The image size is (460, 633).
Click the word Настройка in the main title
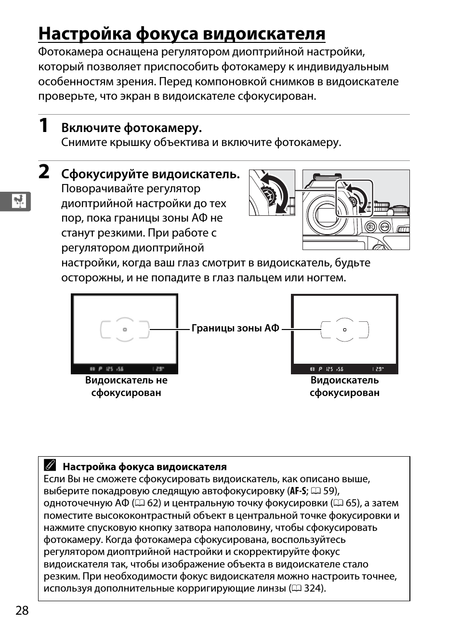(x=85, y=34)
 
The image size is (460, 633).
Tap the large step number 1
(x=43, y=125)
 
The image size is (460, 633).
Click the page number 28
(x=22, y=610)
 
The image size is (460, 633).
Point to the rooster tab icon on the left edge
(x=19, y=201)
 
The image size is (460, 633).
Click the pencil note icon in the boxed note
(x=50, y=465)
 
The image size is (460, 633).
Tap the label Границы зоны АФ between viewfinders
(x=236, y=328)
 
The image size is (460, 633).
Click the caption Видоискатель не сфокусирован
(x=126, y=386)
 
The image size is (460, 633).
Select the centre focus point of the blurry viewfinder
(x=125, y=330)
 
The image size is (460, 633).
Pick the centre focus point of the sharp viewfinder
(x=345, y=330)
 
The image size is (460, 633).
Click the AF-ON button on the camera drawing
(x=384, y=226)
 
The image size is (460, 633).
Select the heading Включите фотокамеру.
(x=131, y=128)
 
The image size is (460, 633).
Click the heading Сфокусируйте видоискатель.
(x=150, y=174)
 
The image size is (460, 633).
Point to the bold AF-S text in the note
(x=298, y=491)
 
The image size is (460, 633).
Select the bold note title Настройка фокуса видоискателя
(x=145, y=467)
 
